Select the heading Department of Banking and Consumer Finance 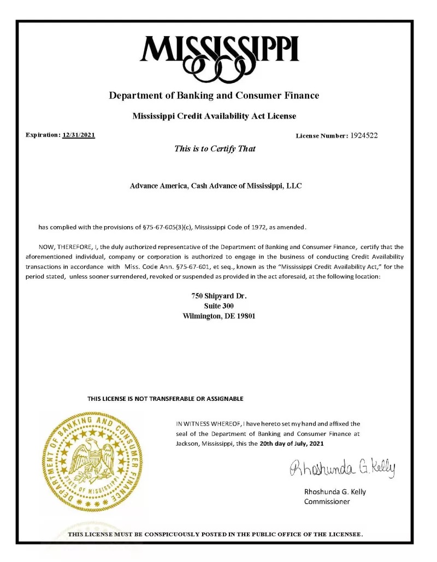tap(214, 96)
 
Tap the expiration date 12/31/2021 tap(79, 135)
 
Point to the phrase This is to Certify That tap(215, 149)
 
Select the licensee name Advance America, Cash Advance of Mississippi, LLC tap(216, 186)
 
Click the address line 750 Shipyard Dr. tap(219, 296)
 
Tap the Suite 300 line tap(218, 306)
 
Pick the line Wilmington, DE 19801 tap(218, 316)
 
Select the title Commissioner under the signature tap(327, 501)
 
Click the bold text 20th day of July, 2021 tap(292, 443)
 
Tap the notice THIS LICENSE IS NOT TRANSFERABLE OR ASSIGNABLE tap(165, 399)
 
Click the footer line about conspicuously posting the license tap(215, 534)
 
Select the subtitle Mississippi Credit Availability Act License tap(214, 116)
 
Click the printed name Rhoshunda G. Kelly tap(335, 492)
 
